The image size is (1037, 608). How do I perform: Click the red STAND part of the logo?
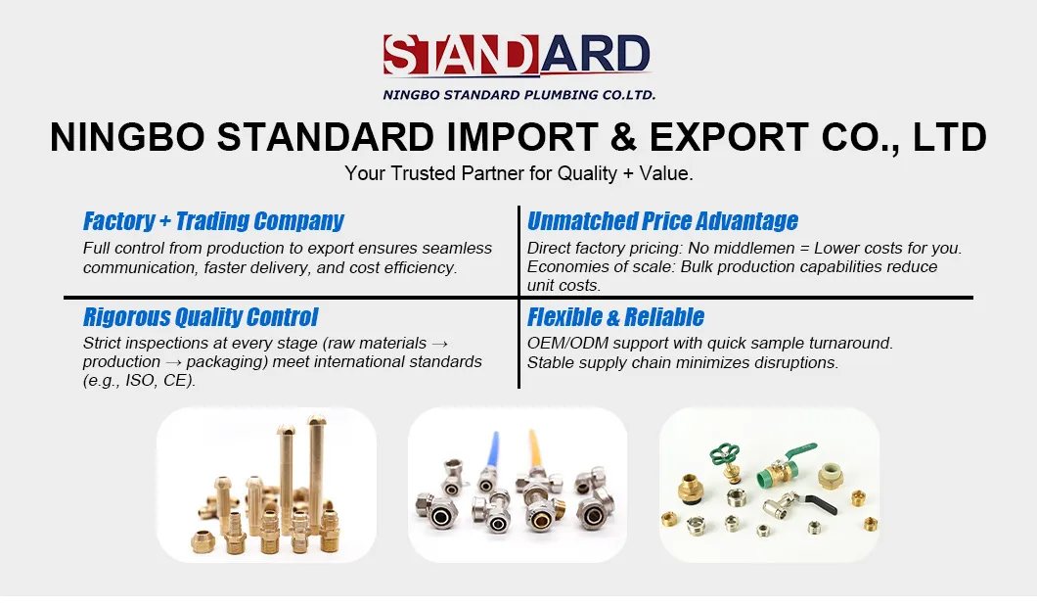(x=460, y=55)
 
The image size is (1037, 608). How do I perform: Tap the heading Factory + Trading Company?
(x=213, y=221)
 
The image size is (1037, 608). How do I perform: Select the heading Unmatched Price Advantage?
(x=662, y=221)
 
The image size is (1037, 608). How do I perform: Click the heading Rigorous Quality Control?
(x=201, y=317)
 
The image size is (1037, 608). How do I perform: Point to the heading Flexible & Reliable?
(x=615, y=317)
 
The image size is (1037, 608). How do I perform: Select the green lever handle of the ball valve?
(x=797, y=451)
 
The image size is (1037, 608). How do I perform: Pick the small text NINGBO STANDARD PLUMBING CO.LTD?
(x=518, y=95)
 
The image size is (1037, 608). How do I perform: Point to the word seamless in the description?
(x=461, y=248)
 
